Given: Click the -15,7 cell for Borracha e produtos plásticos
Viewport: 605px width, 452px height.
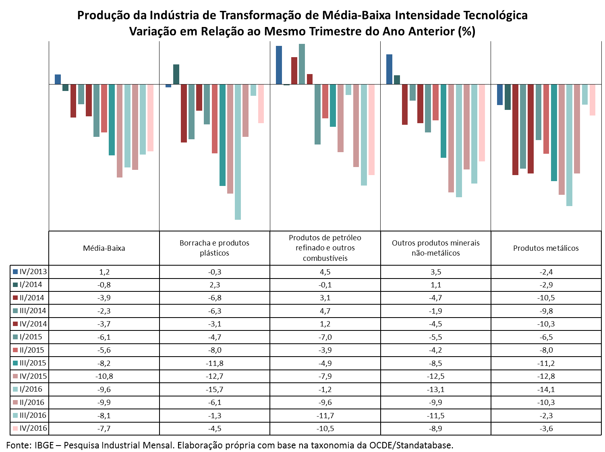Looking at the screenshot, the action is click(214, 389).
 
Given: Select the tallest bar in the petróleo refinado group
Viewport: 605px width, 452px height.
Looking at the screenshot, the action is click(302, 64).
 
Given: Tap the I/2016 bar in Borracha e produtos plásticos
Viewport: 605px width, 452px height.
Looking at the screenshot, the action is click(237, 152).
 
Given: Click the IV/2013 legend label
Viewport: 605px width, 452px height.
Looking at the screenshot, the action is click(33, 271).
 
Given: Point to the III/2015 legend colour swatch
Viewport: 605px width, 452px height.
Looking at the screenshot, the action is click(15, 363).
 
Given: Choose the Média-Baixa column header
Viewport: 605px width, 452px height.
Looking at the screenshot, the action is click(104, 248).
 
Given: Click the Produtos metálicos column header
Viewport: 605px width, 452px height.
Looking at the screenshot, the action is click(545, 248).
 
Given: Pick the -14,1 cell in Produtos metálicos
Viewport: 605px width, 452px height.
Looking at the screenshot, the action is click(545, 389).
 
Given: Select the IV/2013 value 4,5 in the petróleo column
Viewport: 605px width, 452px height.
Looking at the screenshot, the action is click(325, 272).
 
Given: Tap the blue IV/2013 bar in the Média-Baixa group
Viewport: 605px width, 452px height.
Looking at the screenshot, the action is click(58, 79).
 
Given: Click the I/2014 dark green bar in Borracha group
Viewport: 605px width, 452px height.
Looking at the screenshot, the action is click(176, 74).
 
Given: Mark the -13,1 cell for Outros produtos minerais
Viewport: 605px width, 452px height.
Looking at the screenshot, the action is click(435, 389).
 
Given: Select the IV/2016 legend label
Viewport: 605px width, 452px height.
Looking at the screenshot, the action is click(33, 428).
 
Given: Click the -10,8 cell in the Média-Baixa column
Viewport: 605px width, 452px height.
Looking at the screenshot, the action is click(104, 376).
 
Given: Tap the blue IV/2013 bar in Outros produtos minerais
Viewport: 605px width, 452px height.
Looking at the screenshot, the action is click(389, 69).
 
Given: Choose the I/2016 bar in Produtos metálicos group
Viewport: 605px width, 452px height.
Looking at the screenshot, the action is click(569, 145).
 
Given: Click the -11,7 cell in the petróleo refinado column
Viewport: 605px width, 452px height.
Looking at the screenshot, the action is click(325, 415).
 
